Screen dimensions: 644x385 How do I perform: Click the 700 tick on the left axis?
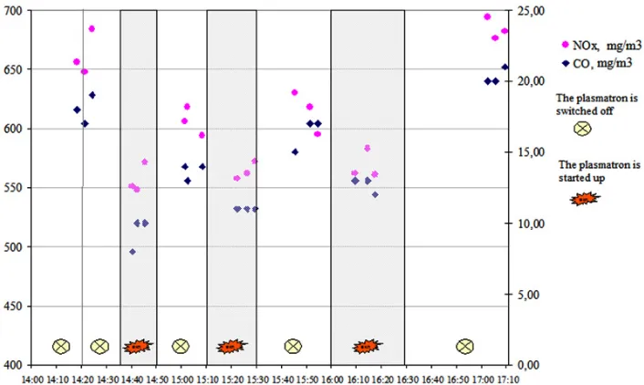point(13,11)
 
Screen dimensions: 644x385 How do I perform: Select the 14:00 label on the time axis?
point(32,380)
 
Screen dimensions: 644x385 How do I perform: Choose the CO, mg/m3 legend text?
point(602,64)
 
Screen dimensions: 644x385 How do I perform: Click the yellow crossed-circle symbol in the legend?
point(582,129)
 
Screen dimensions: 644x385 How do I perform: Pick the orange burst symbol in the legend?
point(585,199)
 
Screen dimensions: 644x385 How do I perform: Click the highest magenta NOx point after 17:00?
point(487,16)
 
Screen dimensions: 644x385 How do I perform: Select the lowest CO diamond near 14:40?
point(132,252)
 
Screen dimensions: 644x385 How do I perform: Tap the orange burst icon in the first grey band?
point(138,347)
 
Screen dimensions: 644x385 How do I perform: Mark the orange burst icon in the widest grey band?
point(367,347)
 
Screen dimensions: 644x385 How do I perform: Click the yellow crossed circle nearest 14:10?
point(61,347)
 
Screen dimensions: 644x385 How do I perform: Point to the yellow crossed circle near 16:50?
point(464,347)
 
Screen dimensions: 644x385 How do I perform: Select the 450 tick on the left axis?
point(13,307)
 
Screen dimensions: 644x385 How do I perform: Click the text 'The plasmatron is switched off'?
point(597,104)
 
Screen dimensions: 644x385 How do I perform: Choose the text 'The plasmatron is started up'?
point(599,172)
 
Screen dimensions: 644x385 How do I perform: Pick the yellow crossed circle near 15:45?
point(293,347)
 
